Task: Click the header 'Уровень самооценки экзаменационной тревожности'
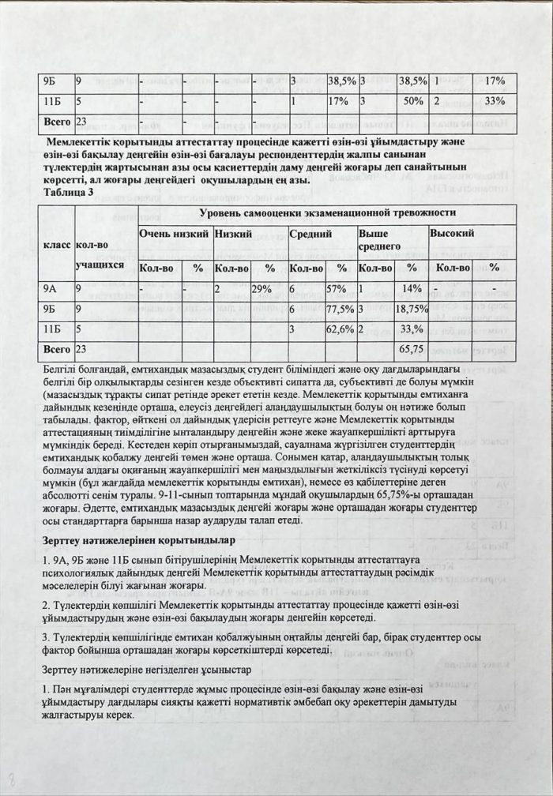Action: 326,212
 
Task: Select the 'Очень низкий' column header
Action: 174,235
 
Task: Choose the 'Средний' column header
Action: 304,235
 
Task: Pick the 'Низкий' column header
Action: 233,235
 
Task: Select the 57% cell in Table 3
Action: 340,290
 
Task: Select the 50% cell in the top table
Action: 410,101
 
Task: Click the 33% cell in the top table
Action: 495,101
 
